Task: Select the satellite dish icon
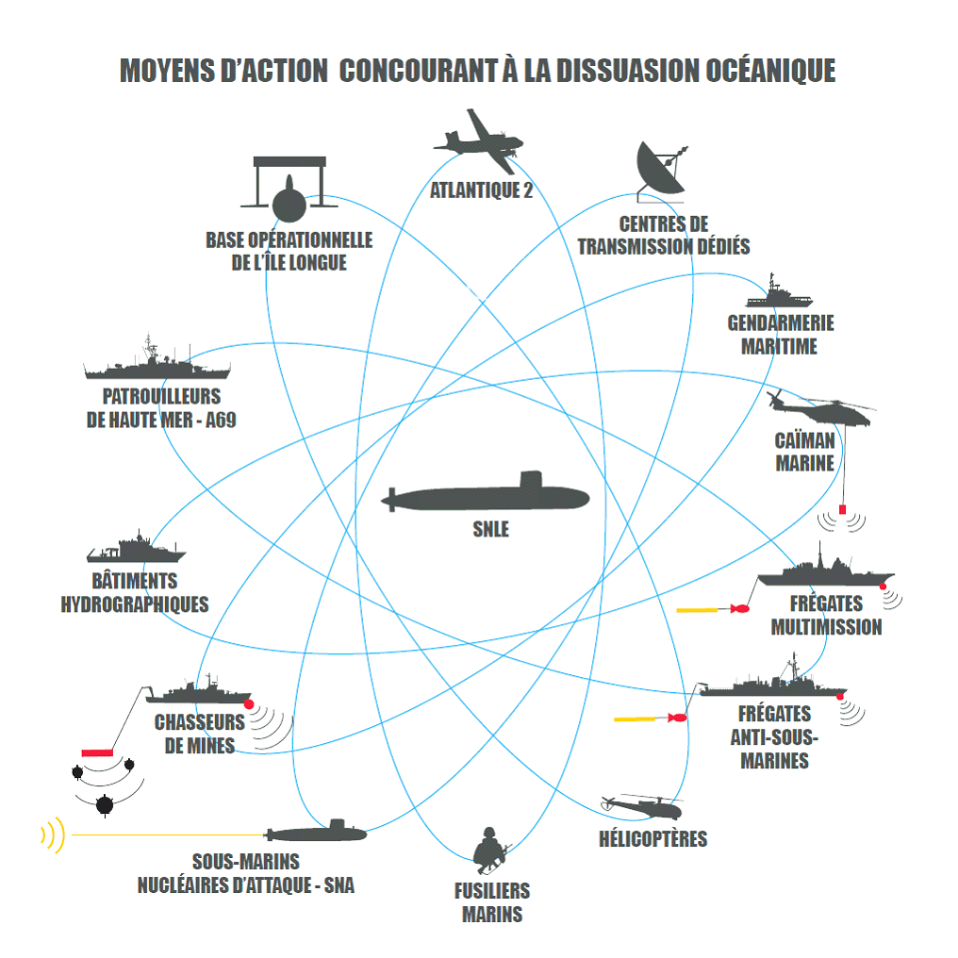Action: tap(660, 170)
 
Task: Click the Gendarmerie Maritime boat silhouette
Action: tap(779, 296)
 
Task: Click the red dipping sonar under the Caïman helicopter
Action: tap(842, 510)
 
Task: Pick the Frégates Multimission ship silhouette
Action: tap(826, 572)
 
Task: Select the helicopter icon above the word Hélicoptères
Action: tap(643, 806)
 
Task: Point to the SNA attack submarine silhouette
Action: tap(316, 834)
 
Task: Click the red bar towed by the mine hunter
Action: tap(97, 752)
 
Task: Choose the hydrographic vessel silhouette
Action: tap(136, 551)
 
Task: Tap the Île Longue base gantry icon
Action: tap(289, 184)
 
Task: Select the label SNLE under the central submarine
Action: tap(490, 529)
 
